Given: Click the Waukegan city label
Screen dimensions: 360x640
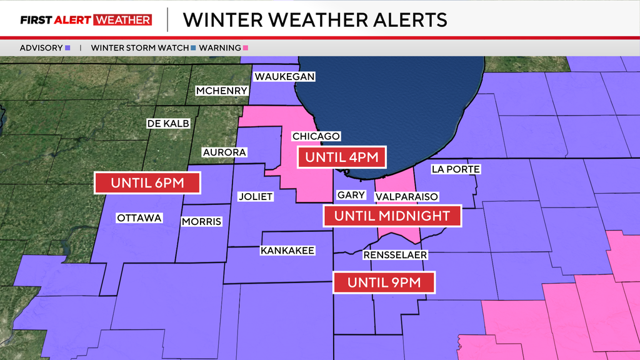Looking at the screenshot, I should (x=284, y=76).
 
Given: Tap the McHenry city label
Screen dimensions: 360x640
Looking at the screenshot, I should (x=222, y=91).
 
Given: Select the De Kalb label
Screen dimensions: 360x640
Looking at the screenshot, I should (x=167, y=124).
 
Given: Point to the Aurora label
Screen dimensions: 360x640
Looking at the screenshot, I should (x=224, y=152).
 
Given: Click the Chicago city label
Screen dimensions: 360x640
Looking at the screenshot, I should (x=316, y=136).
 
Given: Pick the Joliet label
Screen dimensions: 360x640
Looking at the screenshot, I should (x=256, y=196).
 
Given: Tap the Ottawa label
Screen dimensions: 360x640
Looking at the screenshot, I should (x=139, y=218).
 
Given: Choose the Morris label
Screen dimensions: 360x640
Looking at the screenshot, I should (x=201, y=221).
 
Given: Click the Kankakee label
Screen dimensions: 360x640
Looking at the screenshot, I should (x=287, y=251).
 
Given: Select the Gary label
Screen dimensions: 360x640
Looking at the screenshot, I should (x=351, y=195).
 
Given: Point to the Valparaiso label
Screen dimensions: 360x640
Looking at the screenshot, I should (x=406, y=196).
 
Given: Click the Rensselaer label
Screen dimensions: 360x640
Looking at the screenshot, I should (x=395, y=254).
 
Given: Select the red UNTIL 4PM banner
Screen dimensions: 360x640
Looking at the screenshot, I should (x=341, y=157).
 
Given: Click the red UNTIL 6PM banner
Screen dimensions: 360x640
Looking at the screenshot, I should (x=147, y=183).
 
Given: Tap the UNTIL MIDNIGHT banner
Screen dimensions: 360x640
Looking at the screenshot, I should (x=392, y=216).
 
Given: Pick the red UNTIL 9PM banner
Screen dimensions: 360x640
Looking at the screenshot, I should (x=383, y=282).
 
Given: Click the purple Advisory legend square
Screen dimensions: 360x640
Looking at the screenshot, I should (x=67, y=47).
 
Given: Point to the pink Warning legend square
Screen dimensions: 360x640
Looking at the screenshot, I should (x=247, y=47).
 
